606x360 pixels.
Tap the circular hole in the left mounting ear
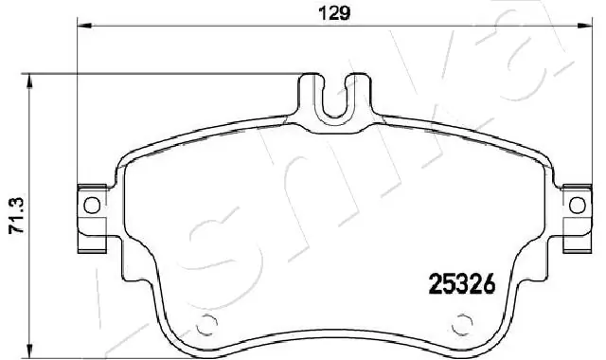tap(92, 205)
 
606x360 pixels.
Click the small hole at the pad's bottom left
tap(202, 327)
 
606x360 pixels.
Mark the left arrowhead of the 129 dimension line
tap(82, 27)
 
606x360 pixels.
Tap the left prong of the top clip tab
tap(312, 95)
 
